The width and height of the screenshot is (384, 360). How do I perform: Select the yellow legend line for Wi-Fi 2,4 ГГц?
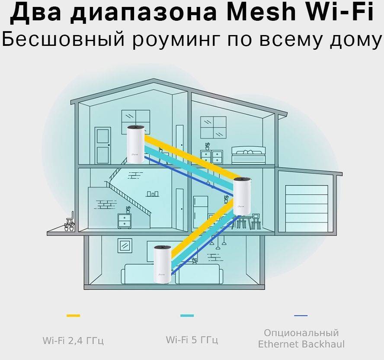[73, 316]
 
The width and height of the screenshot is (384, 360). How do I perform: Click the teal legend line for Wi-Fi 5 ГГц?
[187, 316]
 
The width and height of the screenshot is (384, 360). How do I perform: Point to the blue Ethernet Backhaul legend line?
[301, 316]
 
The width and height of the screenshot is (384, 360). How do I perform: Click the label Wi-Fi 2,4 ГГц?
[73, 341]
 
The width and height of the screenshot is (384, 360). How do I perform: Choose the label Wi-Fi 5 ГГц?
[192, 340]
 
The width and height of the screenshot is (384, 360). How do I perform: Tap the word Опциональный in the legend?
[301, 333]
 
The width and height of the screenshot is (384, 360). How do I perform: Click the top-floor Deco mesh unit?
[136, 144]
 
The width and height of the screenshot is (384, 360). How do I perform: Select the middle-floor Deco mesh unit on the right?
[242, 196]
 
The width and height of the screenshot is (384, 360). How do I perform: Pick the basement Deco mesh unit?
[162, 264]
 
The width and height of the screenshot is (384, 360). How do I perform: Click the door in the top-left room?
[103, 145]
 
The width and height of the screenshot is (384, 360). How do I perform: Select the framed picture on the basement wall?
[125, 245]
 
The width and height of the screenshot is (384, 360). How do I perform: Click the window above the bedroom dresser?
[213, 127]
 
